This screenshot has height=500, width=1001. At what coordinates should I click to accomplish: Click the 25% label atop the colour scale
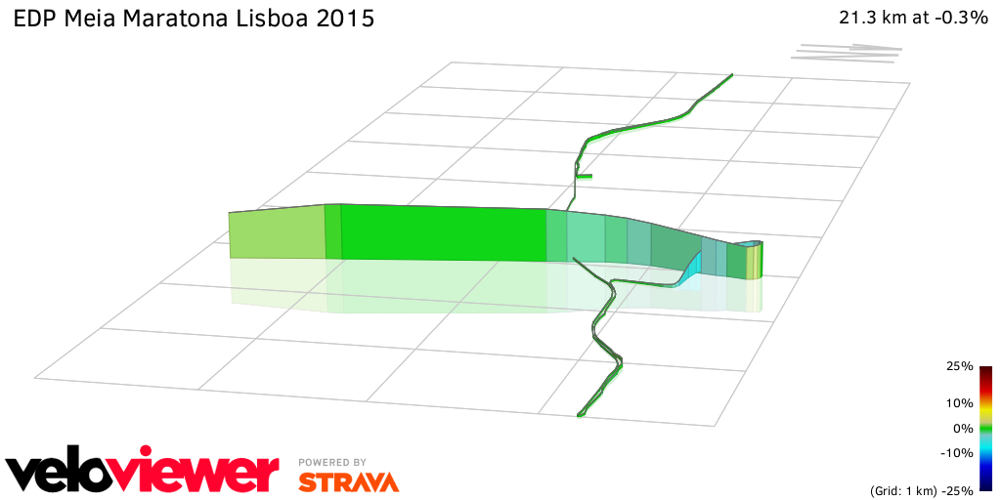click(960, 366)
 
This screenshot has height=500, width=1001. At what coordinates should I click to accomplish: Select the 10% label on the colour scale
click(960, 402)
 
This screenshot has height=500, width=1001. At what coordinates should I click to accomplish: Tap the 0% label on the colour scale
click(963, 428)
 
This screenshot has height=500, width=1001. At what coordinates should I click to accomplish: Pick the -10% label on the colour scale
click(958, 452)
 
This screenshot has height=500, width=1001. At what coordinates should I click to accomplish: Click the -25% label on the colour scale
click(958, 489)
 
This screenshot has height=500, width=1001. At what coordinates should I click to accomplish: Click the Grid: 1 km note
click(903, 489)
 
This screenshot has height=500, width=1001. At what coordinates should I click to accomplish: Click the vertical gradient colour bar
click(985, 428)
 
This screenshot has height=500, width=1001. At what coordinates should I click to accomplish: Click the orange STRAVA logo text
click(348, 481)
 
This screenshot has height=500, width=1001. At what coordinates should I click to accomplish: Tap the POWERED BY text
click(332, 462)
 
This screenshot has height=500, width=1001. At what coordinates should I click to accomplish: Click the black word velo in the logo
click(66, 474)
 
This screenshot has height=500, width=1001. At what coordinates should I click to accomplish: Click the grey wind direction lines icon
click(847, 52)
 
